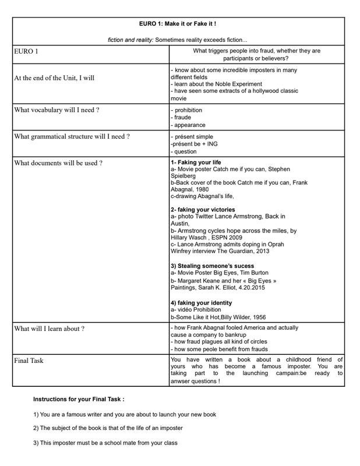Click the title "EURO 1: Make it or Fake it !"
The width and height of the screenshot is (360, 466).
coord(178,24)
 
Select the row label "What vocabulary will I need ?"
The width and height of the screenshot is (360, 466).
coord(57,110)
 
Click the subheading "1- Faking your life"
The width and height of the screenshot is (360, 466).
coord(196,162)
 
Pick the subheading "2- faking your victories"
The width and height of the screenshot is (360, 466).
coord(203,209)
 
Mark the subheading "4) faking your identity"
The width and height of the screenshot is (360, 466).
coord(201,303)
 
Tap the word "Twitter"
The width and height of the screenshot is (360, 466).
coord(210,216)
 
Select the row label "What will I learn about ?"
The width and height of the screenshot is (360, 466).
coord(50,329)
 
